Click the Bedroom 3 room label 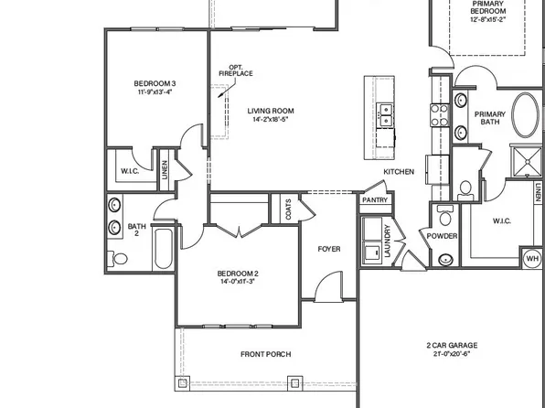coord(155,84)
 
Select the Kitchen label coord(399,172)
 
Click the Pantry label coord(375,199)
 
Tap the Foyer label coord(329,249)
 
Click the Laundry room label coord(388,240)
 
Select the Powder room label coord(442,236)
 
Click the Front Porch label coord(265,354)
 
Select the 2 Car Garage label coord(452,346)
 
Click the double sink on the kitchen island coord(386,114)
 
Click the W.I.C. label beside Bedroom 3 coord(129,171)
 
